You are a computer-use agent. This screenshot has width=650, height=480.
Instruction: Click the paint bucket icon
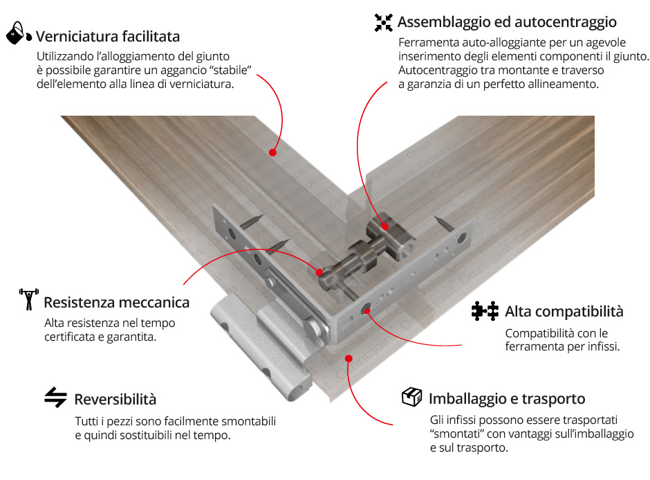(x=19, y=33)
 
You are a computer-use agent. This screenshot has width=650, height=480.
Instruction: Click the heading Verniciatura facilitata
(x=108, y=37)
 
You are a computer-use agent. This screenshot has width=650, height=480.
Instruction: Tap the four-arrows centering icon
(x=384, y=23)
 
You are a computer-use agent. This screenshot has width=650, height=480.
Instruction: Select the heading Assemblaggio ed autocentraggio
(x=507, y=22)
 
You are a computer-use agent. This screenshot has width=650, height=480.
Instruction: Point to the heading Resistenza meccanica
(x=116, y=302)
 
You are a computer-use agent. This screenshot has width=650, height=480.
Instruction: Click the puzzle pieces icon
(x=485, y=311)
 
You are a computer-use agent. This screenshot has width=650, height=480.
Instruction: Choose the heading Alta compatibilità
(x=564, y=312)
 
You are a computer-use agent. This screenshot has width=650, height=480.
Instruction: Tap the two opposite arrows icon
(x=55, y=398)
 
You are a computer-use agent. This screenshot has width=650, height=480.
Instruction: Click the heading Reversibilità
(x=115, y=400)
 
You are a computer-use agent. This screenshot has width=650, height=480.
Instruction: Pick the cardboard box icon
(x=411, y=397)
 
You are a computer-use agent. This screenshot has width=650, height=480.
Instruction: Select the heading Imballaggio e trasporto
(x=507, y=399)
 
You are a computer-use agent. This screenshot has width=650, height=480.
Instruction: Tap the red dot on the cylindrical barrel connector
(x=385, y=226)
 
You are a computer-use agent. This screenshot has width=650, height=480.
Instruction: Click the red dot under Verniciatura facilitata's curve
(x=272, y=152)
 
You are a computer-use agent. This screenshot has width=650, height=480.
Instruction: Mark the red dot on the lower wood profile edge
(x=349, y=358)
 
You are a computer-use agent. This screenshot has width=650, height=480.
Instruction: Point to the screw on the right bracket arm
(x=444, y=224)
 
